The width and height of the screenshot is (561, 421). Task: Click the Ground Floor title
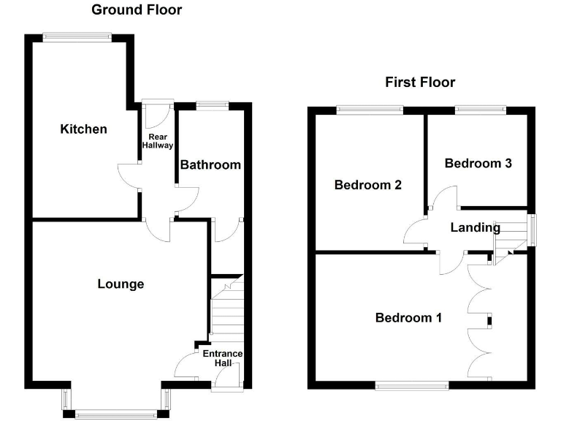137,10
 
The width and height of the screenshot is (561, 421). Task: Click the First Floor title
420,82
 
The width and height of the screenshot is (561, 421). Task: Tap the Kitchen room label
83,129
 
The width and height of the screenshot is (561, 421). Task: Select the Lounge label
121,284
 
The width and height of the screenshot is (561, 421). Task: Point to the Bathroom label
210,164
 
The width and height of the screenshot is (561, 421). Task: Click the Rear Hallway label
160,141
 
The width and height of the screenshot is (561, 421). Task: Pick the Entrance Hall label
222,359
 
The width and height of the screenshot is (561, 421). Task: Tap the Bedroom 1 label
408,317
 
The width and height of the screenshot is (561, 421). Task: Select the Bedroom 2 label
368,185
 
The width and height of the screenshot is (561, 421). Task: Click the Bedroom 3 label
478,163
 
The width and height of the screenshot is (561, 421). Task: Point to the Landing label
475,227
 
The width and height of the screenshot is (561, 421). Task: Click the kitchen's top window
77,35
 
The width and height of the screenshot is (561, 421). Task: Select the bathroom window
212,105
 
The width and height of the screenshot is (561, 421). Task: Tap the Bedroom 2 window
370,110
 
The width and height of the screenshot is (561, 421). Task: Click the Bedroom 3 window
479,110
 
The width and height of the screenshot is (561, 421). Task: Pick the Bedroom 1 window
413,383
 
